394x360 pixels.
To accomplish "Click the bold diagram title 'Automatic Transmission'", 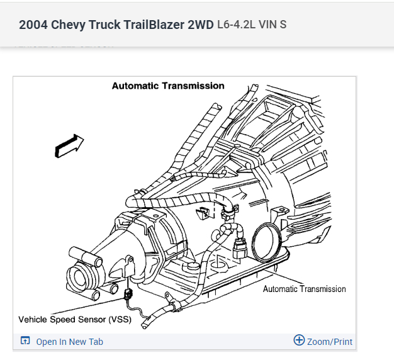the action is (x=168, y=86).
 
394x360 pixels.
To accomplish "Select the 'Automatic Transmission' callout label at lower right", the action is (x=304, y=289).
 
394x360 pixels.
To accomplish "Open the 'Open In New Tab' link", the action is (x=69, y=342).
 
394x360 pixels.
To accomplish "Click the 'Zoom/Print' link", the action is (x=330, y=342).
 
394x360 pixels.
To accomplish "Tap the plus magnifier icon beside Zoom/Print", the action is (x=299, y=340).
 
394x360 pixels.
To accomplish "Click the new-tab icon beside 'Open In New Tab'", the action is (x=25, y=341).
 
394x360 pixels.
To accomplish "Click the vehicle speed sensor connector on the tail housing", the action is (x=129, y=293).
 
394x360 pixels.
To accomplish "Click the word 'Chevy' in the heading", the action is (x=67, y=25).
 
